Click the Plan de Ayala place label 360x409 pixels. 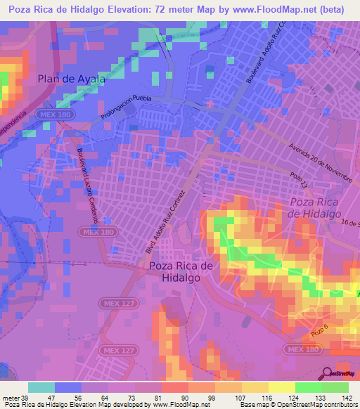tap(71, 79)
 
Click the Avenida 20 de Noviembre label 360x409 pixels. tap(320, 162)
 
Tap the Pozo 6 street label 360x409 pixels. tap(319, 329)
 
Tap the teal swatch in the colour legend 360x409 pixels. tap(41, 387)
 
